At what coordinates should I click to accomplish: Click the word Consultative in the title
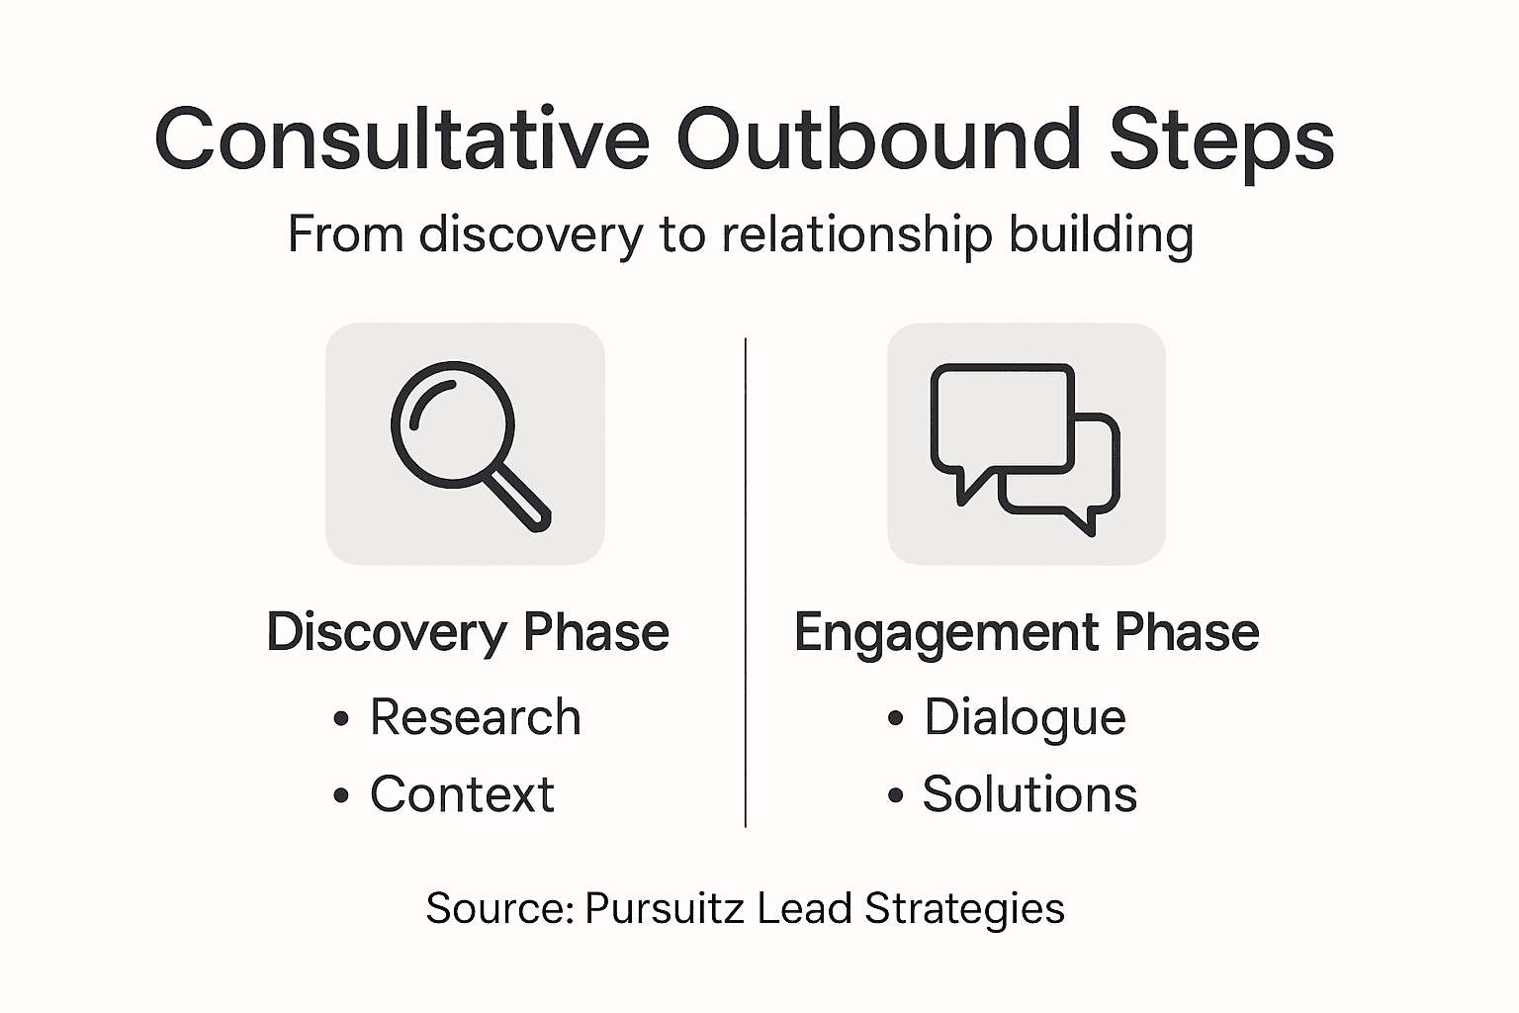pos(402,138)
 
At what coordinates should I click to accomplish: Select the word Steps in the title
pos(1221,140)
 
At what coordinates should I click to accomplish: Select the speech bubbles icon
pos(1026,445)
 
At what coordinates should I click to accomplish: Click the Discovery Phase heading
pos(468,632)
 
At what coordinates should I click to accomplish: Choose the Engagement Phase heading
pos(1027,632)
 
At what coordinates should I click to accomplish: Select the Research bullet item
pos(475,717)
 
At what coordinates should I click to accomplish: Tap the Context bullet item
pos(462,794)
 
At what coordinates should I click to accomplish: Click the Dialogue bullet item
pos(1025,717)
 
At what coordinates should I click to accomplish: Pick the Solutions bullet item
pos(1029,794)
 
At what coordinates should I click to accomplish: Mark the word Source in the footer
pos(499,908)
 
